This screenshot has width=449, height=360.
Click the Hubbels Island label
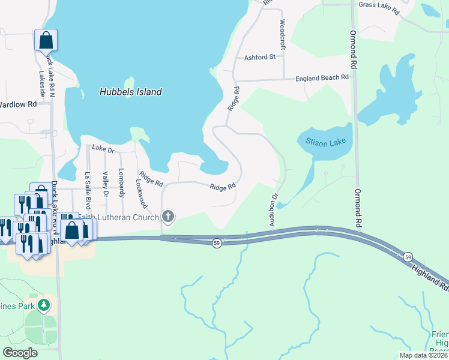[x=130, y=92]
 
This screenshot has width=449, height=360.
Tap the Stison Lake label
[x=323, y=142]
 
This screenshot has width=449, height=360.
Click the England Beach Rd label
[x=322, y=78]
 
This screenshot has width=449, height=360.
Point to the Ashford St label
[x=259, y=58]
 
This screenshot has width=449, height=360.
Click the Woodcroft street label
[x=282, y=34]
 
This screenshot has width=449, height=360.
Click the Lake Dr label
[x=103, y=150]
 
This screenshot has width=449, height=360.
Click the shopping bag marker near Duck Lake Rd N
[x=46, y=41]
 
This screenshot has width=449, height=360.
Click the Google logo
[x=20, y=353]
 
